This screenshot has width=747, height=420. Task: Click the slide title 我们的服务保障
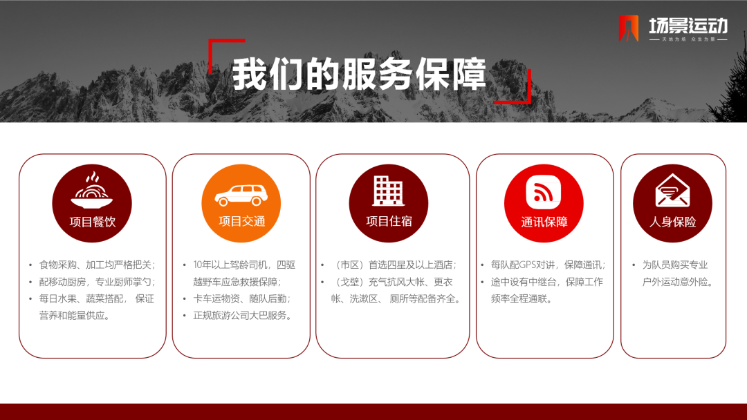point(359,74)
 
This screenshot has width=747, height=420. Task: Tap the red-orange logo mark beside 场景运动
point(628,28)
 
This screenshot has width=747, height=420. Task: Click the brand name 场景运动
point(688,25)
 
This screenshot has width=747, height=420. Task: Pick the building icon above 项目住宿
point(388,190)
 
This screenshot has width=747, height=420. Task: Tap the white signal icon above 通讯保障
point(544,191)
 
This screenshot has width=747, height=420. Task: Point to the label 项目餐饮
point(93,222)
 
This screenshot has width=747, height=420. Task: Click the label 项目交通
point(241,221)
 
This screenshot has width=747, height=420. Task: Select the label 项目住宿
point(389,221)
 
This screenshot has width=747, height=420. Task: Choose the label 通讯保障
point(544,222)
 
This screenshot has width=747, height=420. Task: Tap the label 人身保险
point(673,222)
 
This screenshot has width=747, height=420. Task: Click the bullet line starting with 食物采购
point(98,265)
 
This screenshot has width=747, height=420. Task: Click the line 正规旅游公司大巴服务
point(243,316)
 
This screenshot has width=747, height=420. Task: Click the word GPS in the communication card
point(528,265)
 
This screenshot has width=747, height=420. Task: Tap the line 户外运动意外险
point(678,282)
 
